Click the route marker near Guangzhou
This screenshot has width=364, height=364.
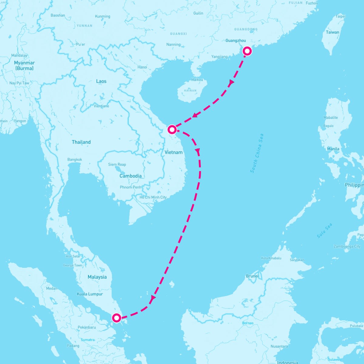248,51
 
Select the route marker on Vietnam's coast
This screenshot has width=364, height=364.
172,130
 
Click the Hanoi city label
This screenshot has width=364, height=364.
142,67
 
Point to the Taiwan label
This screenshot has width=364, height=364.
332,32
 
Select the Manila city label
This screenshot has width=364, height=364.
333,149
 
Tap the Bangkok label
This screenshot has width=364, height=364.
75,160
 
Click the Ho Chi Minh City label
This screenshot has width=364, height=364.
153,197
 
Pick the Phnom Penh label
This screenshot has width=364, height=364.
130,187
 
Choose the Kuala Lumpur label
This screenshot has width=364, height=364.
90,294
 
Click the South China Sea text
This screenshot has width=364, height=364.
257,153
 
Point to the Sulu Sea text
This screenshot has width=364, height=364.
325,231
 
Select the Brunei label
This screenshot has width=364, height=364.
252,276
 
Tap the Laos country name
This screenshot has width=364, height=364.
101,81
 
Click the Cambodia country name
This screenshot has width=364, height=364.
130,176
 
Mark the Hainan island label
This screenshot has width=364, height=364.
190,90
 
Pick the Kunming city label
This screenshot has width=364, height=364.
103,16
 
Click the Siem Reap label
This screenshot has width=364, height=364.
117,164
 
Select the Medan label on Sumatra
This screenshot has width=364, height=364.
52,288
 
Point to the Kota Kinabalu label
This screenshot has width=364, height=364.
271,258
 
